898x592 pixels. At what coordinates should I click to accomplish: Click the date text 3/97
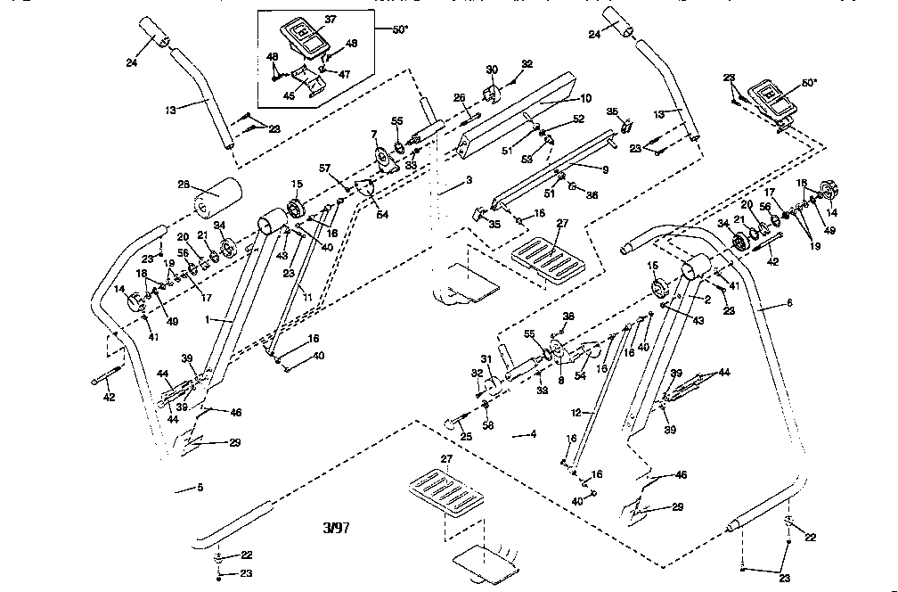[x=336, y=528]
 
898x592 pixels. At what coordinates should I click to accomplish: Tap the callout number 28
[x=184, y=185]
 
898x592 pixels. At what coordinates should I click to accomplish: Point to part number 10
[x=585, y=97]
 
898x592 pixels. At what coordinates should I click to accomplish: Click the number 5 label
[x=200, y=488]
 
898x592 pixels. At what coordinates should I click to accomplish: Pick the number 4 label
[x=532, y=434]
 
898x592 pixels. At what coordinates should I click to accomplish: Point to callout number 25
[x=467, y=436]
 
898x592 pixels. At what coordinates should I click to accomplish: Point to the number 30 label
[x=491, y=70]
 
